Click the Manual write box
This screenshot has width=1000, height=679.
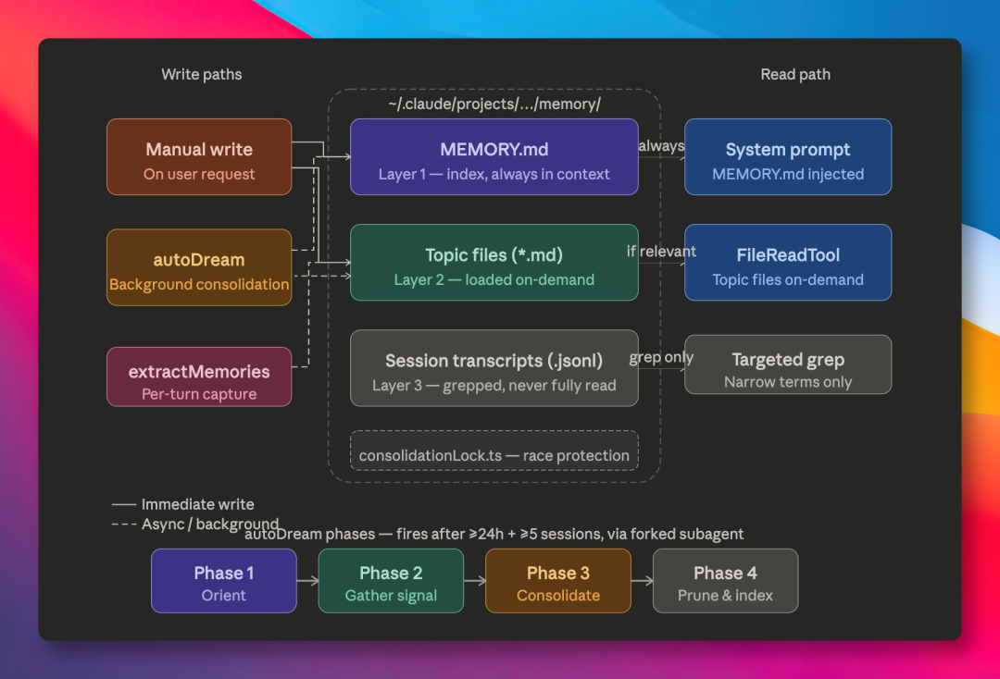click(x=199, y=157)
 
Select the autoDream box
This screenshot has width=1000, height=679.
click(x=199, y=268)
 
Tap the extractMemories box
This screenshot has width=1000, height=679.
click(x=199, y=377)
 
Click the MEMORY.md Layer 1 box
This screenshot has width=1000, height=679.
click(x=494, y=157)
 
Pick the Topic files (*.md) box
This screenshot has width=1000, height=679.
click(x=494, y=263)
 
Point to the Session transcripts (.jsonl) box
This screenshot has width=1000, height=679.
click(x=494, y=368)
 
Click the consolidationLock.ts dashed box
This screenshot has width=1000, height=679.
click(x=494, y=451)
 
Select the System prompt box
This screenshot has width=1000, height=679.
click(x=788, y=157)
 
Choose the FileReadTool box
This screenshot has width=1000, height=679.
click(x=788, y=263)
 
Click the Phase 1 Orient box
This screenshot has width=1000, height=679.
click(x=224, y=581)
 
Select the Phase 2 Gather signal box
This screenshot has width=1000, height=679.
click(x=391, y=581)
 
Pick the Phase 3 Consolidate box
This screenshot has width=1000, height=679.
click(x=558, y=581)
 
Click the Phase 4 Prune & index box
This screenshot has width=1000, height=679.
click(x=725, y=581)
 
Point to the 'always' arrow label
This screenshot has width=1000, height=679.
click(x=661, y=146)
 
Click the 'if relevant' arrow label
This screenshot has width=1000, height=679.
click(x=661, y=252)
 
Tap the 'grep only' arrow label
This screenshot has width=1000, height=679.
click(x=661, y=358)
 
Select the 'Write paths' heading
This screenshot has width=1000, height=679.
click(x=202, y=75)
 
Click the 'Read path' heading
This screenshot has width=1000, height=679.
click(x=795, y=75)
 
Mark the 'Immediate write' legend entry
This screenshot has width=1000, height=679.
click(x=197, y=505)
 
